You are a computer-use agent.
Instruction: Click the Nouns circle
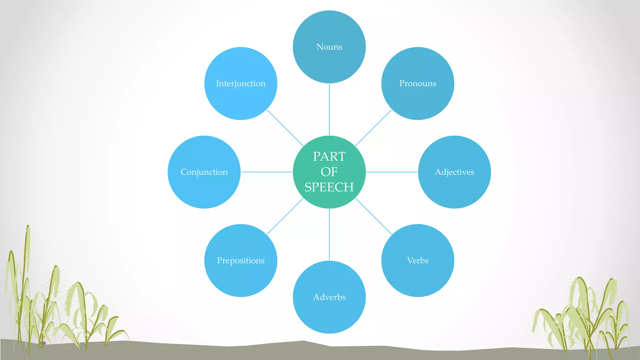point(329,47)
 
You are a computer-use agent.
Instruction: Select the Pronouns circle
point(417,83)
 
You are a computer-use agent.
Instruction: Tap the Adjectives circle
point(454,172)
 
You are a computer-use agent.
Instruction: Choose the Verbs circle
point(417,260)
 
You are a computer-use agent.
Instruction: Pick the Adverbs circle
point(329,297)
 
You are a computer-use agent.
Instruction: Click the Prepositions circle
point(241,260)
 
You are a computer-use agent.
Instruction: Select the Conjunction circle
point(204,172)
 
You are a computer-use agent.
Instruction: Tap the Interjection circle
point(241,83)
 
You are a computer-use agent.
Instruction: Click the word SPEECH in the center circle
point(329,187)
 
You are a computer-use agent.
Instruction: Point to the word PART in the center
point(329,156)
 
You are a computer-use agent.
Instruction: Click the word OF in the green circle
point(329,172)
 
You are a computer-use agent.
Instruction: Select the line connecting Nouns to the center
point(329,109)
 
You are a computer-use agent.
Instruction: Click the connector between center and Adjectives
point(392,172)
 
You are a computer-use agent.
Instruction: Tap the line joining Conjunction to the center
point(267,172)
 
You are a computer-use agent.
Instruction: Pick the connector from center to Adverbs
point(329,234)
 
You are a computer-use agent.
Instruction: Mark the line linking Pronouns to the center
point(373,128)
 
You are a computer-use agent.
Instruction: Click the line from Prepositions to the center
point(285,216)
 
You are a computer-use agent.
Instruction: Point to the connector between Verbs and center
point(373,216)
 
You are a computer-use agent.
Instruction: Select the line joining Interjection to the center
point(285,128)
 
